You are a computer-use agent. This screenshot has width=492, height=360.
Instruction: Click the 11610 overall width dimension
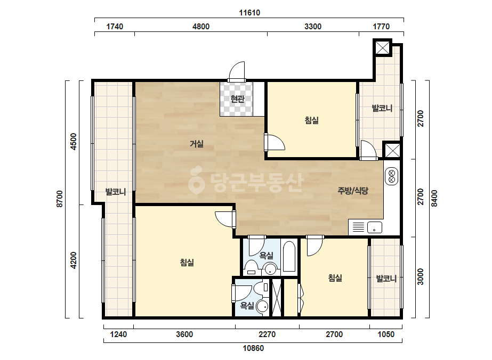(249, 13)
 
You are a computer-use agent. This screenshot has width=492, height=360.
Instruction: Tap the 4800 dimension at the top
(201, 26)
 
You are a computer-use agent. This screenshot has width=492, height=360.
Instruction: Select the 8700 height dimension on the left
(60, 199)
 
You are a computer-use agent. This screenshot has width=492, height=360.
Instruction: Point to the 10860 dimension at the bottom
(253, 348)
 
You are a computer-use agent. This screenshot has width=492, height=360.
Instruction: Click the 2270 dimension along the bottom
(267, 334)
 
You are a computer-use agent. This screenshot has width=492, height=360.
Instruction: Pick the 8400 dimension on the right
(434, 198)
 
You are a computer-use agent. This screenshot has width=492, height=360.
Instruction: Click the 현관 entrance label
(237, 99)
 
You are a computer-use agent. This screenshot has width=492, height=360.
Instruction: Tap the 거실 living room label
(197, 144)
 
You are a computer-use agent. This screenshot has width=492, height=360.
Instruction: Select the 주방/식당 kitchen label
(353, 191)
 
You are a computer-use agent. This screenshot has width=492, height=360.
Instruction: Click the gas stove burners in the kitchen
(392, 176)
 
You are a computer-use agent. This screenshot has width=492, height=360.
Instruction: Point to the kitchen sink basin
(375, 227)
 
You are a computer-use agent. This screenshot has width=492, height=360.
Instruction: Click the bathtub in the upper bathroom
(289, 257)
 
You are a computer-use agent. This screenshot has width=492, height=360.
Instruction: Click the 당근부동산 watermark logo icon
(196, 181)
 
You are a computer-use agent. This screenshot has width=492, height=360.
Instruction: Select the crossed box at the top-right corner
(383, 48)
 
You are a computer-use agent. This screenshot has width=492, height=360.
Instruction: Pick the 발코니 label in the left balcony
(116, 192)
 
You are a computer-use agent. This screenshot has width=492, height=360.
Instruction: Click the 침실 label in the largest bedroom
(187, 263)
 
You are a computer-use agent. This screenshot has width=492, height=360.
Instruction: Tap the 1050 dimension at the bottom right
(386, 334)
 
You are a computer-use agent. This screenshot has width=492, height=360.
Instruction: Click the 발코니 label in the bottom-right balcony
(386, 279)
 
